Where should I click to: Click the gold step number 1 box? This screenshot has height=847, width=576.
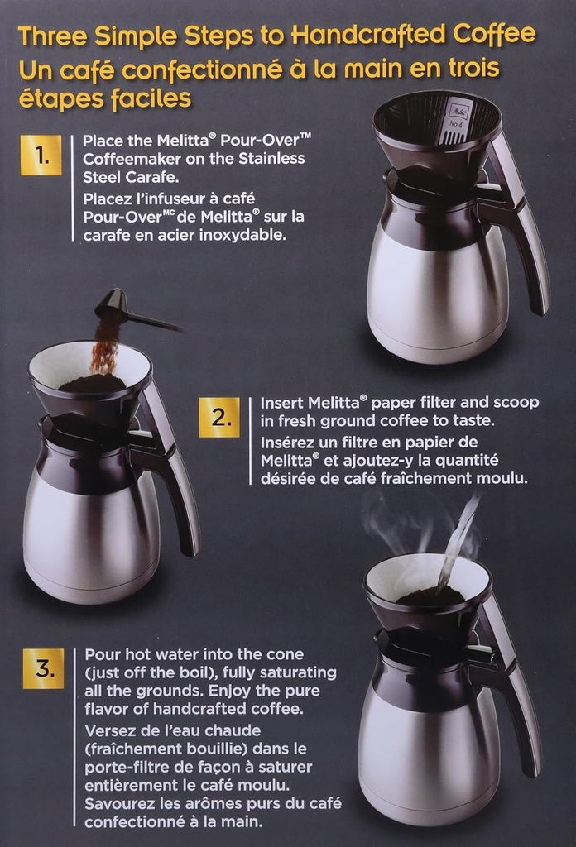(x=41, y=155)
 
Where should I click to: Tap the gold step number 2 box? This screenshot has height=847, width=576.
(x=218, y=417)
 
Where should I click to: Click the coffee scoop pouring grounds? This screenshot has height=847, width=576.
(x=116, y=309)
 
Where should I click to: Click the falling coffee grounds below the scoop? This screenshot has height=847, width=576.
(x=105, y=347)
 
